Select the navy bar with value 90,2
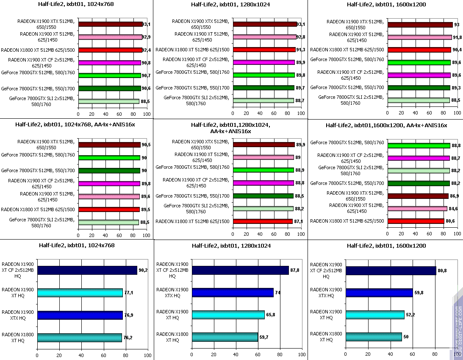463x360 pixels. tap(87, 271)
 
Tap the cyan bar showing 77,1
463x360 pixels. tap(80, 293)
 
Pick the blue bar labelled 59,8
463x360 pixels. tap(379, 293)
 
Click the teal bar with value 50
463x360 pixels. tap(374, 337)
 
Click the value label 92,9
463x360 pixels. tap(147, 37)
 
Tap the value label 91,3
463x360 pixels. tap(301, 50)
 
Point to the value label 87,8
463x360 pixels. tap(295, 270)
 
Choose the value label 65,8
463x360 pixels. tap(270, 315)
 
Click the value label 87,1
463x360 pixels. tap(298, 221)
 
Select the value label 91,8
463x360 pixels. tap(457, 37)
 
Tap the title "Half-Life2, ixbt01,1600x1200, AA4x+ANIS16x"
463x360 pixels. tap(386, 125)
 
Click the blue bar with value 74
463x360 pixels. tap(233, 293)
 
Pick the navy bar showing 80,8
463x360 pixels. tap(391, 271)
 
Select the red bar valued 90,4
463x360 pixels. tap(419, 50)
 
